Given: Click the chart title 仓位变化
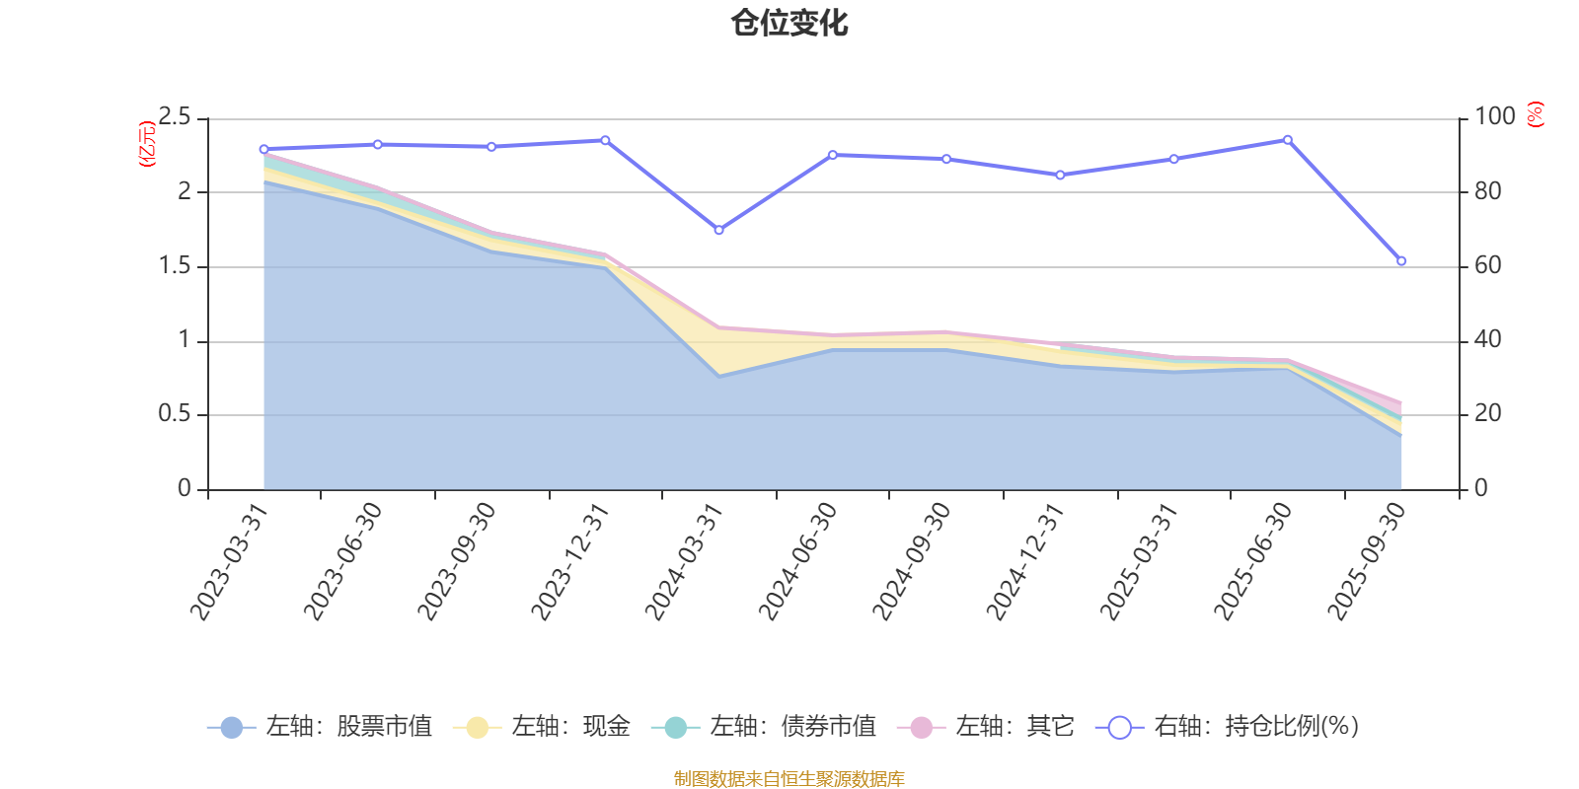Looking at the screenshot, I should point(789,23).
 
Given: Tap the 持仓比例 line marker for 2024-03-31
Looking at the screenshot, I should point(718,230).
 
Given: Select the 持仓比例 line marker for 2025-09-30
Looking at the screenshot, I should point(1401,261).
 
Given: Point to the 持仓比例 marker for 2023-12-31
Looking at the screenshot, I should point(605,140).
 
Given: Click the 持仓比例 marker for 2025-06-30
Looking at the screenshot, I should point(1287,140).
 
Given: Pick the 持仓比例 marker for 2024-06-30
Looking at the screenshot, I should point(832,155).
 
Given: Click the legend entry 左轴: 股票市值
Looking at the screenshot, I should point(320,727).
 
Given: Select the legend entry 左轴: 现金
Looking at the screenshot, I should point(542,727).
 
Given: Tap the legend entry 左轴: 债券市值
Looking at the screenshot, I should point(764,727).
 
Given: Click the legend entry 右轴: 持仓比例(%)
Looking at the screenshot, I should point(1229,727).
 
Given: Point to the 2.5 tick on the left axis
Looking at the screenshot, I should point(175,117).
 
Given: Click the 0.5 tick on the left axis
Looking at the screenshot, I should point(175,414).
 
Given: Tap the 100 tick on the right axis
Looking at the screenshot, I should point(1494,116).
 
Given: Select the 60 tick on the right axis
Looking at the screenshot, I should point(1488,265).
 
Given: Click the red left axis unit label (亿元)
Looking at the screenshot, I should point(147,144).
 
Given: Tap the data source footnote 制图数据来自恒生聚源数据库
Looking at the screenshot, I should point(789,779).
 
